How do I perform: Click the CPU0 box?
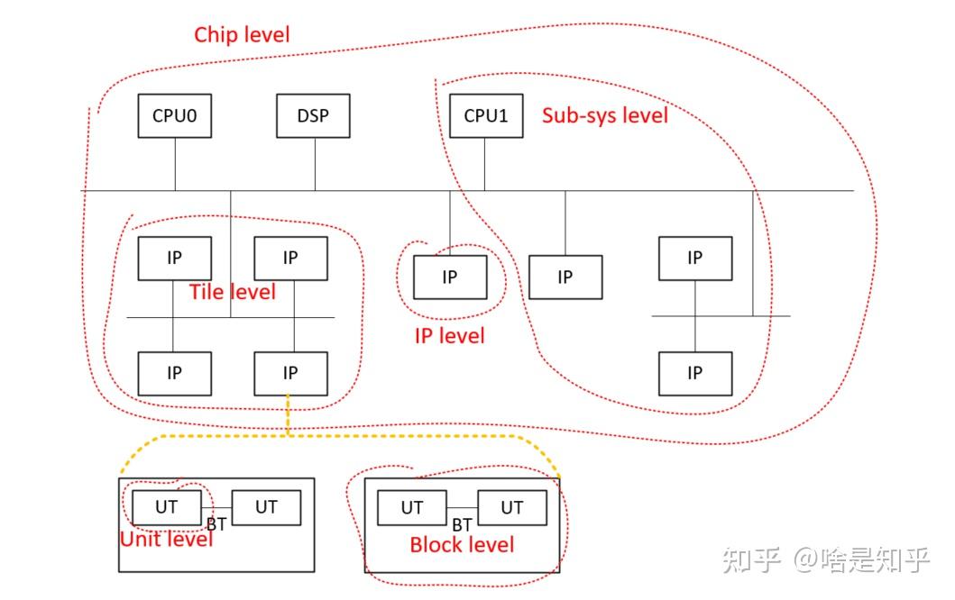point(175,116)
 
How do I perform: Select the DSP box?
point(313,116)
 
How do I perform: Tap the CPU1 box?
point(486,116)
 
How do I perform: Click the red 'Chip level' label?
point(243,35)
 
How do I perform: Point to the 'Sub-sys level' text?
point(605,115)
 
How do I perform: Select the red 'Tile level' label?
point(233,292)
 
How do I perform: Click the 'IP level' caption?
point(449,336)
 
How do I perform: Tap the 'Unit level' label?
point(167,539)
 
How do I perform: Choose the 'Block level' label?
point(462,545)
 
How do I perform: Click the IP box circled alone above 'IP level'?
point(450,277)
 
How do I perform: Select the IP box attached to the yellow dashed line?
point(290,373)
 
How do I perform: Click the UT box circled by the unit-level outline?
point(167,507)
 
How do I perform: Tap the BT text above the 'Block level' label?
point(462,524)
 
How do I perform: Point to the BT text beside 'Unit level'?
point(216,523)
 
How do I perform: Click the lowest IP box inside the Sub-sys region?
point(694,373)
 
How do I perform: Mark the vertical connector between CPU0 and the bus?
point(175,164)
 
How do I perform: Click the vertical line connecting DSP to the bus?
point(315,164)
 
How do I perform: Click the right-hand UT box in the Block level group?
point(512,508)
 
